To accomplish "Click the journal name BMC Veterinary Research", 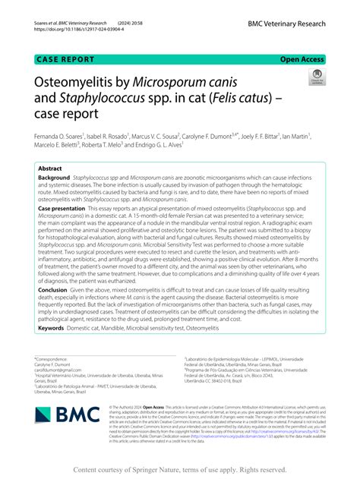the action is click(286, 24).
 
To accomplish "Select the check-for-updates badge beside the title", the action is click(314, 78).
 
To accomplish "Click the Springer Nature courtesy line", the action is click(179, 470).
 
